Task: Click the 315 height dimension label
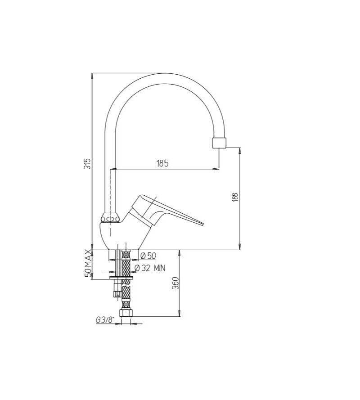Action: [x=88, y=163]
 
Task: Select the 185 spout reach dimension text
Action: [x=162, y=163]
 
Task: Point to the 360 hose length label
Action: [x=175, y=283]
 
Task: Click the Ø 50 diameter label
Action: [x=148, y=256]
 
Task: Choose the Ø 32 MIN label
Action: [x=150, y=268]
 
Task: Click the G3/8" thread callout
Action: [x=105, y=320]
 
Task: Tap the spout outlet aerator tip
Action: [x=220, y=143]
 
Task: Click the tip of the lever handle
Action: [x=202, y=224]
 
